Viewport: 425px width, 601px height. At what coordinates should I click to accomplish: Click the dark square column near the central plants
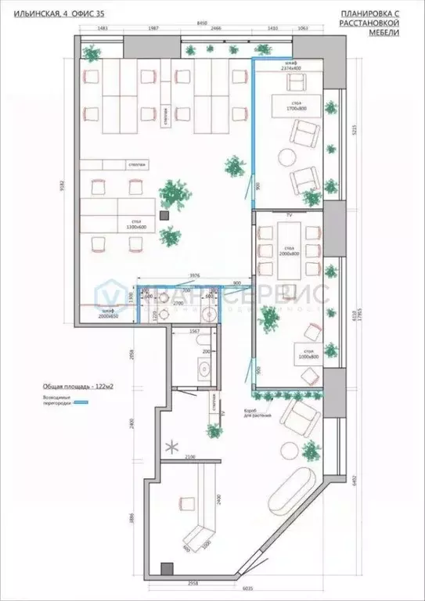pyautogui.click(x=164, y=214)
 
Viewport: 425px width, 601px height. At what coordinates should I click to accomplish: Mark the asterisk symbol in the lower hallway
pyautogui.click(x=171, y=448)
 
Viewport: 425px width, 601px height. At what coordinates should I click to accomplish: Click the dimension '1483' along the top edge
pyautogui.click(x=103, y=29)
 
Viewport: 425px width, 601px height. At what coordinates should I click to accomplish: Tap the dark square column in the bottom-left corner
pyautogui.click(x=167, y=568)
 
